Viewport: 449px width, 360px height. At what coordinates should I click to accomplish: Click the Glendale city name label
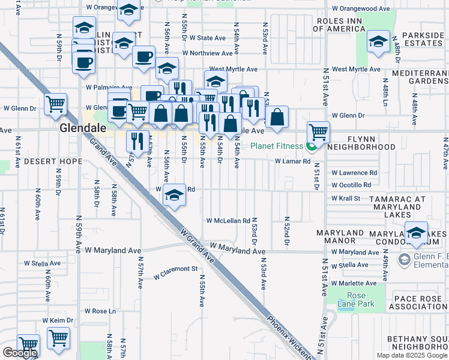tap(83, 128)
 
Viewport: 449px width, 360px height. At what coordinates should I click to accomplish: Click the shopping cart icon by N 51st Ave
tap(318, 131)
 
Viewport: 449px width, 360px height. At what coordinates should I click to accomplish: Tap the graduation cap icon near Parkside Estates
tap(378, 42)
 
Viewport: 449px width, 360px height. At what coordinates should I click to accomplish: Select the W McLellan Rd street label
tap(228, 221)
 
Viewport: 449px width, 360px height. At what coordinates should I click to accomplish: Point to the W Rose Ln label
tap(100, 311)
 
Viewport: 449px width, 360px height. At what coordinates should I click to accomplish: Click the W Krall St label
tap(345, 198)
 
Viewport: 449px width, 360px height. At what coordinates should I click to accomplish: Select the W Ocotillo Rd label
tap(354, 185)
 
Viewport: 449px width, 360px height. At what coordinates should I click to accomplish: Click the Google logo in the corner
tap(19, 353)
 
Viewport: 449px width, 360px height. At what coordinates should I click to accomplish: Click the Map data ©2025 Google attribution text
tap(411, 355)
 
